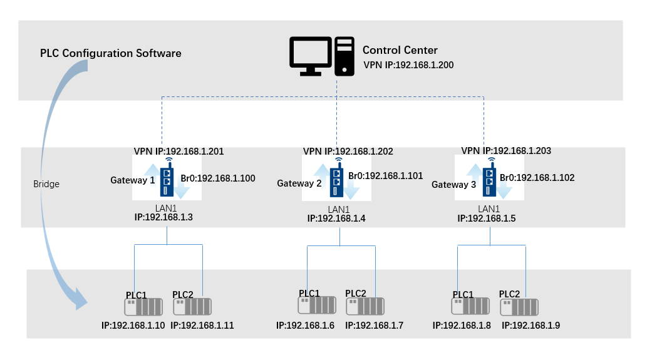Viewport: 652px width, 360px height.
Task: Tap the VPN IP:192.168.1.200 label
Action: tap(408, 64)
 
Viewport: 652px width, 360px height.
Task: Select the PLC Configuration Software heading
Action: tap(111, 53)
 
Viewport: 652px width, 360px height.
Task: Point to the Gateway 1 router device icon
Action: tap(167, 180)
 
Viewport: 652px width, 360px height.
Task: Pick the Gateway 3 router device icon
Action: tap(489, 180)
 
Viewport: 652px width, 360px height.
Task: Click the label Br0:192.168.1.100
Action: tap(218, 178)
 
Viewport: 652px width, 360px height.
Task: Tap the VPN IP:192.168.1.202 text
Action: tap(348, 152)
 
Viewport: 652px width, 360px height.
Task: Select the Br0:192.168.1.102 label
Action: tap(537, 178)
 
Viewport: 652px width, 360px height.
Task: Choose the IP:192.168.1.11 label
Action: tap(202, 326)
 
